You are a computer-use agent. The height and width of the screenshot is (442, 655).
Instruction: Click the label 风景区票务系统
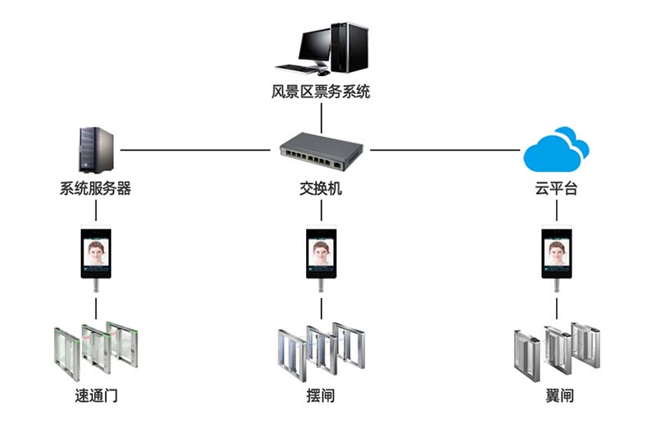tap(321, 92)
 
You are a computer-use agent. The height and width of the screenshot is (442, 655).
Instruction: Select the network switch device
tap(321, 149)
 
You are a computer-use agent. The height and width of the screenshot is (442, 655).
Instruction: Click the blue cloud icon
tap(557, 148)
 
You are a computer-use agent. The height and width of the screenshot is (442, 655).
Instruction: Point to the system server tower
tap(96, 149)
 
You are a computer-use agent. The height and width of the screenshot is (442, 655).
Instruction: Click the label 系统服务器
tap(96, 189)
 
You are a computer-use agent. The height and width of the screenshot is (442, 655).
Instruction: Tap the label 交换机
tap(321, 189)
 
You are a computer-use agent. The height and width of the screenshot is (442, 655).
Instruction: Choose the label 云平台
tap(557, 189)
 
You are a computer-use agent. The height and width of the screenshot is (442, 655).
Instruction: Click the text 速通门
tap(96, 396)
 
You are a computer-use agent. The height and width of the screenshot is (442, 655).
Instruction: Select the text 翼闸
tap(558, 396)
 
